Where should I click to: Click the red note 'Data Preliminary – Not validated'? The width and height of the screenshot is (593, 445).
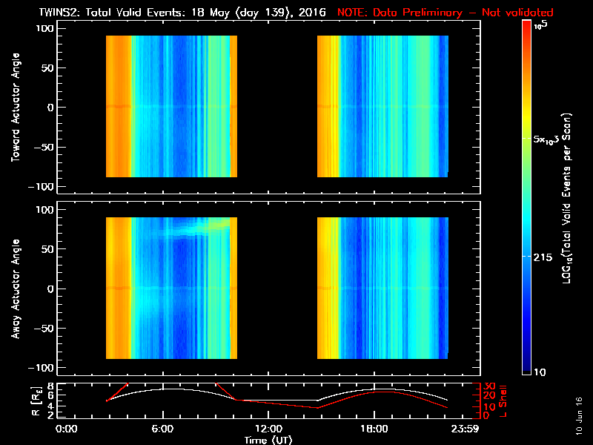pyautogui.click(x=445, y=13)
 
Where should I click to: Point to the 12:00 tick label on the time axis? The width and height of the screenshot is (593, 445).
pyautogui.click(x=268, y=429)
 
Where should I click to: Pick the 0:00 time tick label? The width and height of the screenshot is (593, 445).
pyautogui.click(x=67, y=429)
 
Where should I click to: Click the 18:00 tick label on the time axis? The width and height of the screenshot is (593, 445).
pyautogui.click(x=374, y=429)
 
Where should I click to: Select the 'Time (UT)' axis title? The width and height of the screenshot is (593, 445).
pyautogui.click(x=268, y=439)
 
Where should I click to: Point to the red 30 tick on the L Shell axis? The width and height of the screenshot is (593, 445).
pyautogui.click(x=481, y=386)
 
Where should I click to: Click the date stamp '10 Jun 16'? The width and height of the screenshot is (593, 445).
pyautogui.click(x=579, y=415)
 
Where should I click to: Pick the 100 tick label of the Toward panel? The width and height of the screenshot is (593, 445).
pyautogui.click(x=46, y=28)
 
